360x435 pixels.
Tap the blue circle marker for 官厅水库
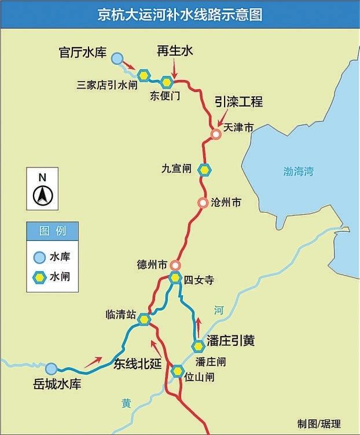pos(117,58)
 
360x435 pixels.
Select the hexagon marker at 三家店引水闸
pos(144,75)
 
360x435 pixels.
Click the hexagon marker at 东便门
pos(167,82)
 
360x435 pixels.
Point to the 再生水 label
pos(174,51)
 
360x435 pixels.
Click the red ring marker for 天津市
pos(215,134)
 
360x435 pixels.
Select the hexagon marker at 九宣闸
pos(204,170)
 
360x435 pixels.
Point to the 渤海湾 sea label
pos(298,171)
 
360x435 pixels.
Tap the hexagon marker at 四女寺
pos(175,277)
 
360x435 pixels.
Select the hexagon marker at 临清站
pos(144,319)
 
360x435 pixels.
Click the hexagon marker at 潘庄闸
pos(199,346)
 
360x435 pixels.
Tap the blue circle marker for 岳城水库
pos(52,368)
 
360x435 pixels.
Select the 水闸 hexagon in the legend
pos(39,277)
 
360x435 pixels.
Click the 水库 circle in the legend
pos(39,257)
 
